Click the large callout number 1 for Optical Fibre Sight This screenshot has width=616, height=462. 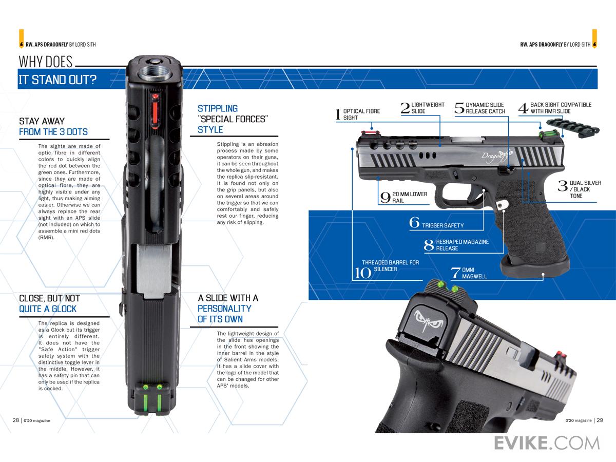pos(338,114)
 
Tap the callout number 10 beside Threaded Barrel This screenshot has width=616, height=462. pos(363,272)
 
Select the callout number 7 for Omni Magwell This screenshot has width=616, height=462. pos(455,273)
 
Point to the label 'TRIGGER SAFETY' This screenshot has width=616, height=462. pos(442,225)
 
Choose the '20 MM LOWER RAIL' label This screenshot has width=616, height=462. pos(409,198)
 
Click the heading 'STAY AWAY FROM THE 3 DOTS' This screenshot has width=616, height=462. pos(53,127)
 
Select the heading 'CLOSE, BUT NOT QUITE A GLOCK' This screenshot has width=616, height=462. pos(49,303)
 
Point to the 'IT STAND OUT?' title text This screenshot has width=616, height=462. pos(57,80)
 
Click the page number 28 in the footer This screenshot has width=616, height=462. pos(16,419)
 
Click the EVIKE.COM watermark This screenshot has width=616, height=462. pos(547,442)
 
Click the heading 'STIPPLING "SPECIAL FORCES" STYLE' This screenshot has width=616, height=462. pos(233,119)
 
